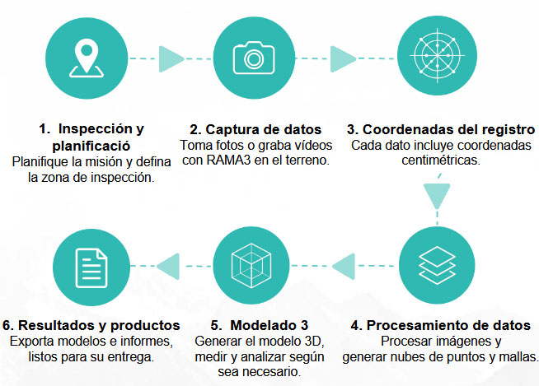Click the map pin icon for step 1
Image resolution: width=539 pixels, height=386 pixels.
click(87, 58)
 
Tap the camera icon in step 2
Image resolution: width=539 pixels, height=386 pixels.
click(254, 58)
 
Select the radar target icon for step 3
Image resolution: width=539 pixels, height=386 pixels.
click(437, 55)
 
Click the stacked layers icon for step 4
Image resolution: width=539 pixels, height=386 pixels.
click(437, 265)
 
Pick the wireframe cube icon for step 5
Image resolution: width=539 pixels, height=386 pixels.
click(251, 266)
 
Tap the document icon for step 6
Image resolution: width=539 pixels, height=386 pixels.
click(91, 268)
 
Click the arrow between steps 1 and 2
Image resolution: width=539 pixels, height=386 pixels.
click(171, 58)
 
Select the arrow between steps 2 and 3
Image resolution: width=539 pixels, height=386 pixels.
click(343, 58)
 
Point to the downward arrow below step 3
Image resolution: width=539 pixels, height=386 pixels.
click(437, 197)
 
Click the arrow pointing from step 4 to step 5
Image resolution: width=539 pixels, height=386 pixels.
click(344, 266)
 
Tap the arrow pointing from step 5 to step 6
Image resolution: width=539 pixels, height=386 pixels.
click(168, 266)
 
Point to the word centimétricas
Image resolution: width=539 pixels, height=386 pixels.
click(441, 160)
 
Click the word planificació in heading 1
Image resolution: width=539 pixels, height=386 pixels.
click(91, 146)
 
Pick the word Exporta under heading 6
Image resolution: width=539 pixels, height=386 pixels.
click(31, 342)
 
